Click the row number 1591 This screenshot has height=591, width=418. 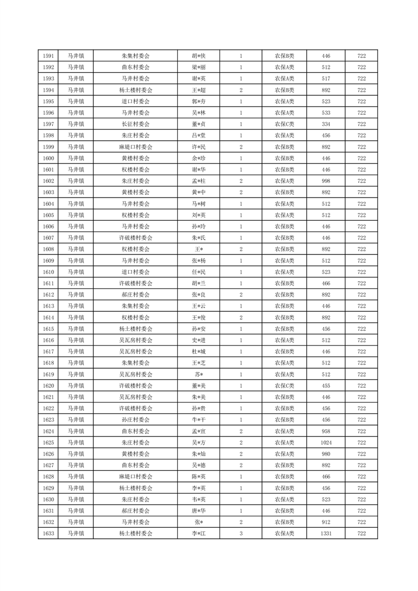48,56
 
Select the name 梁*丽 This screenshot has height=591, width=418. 198,67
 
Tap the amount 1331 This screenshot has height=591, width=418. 326,534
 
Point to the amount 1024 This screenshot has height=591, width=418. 326,442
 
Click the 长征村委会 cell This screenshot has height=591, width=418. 135,124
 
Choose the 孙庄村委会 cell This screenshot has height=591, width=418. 135,420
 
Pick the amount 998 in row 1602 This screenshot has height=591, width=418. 326,181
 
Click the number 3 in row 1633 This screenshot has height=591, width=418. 241,534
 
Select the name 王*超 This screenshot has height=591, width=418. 198,90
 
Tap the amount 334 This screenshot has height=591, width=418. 326,124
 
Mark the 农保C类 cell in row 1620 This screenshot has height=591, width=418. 284,386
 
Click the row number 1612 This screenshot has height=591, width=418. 48,294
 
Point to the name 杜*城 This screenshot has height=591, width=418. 198,351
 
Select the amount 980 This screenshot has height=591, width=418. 326,454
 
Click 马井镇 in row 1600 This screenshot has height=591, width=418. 76,158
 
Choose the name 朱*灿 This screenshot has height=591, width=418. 198,454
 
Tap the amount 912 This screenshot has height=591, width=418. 326,522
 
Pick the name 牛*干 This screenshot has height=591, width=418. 198,420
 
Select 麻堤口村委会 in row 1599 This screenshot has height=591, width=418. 135,147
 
